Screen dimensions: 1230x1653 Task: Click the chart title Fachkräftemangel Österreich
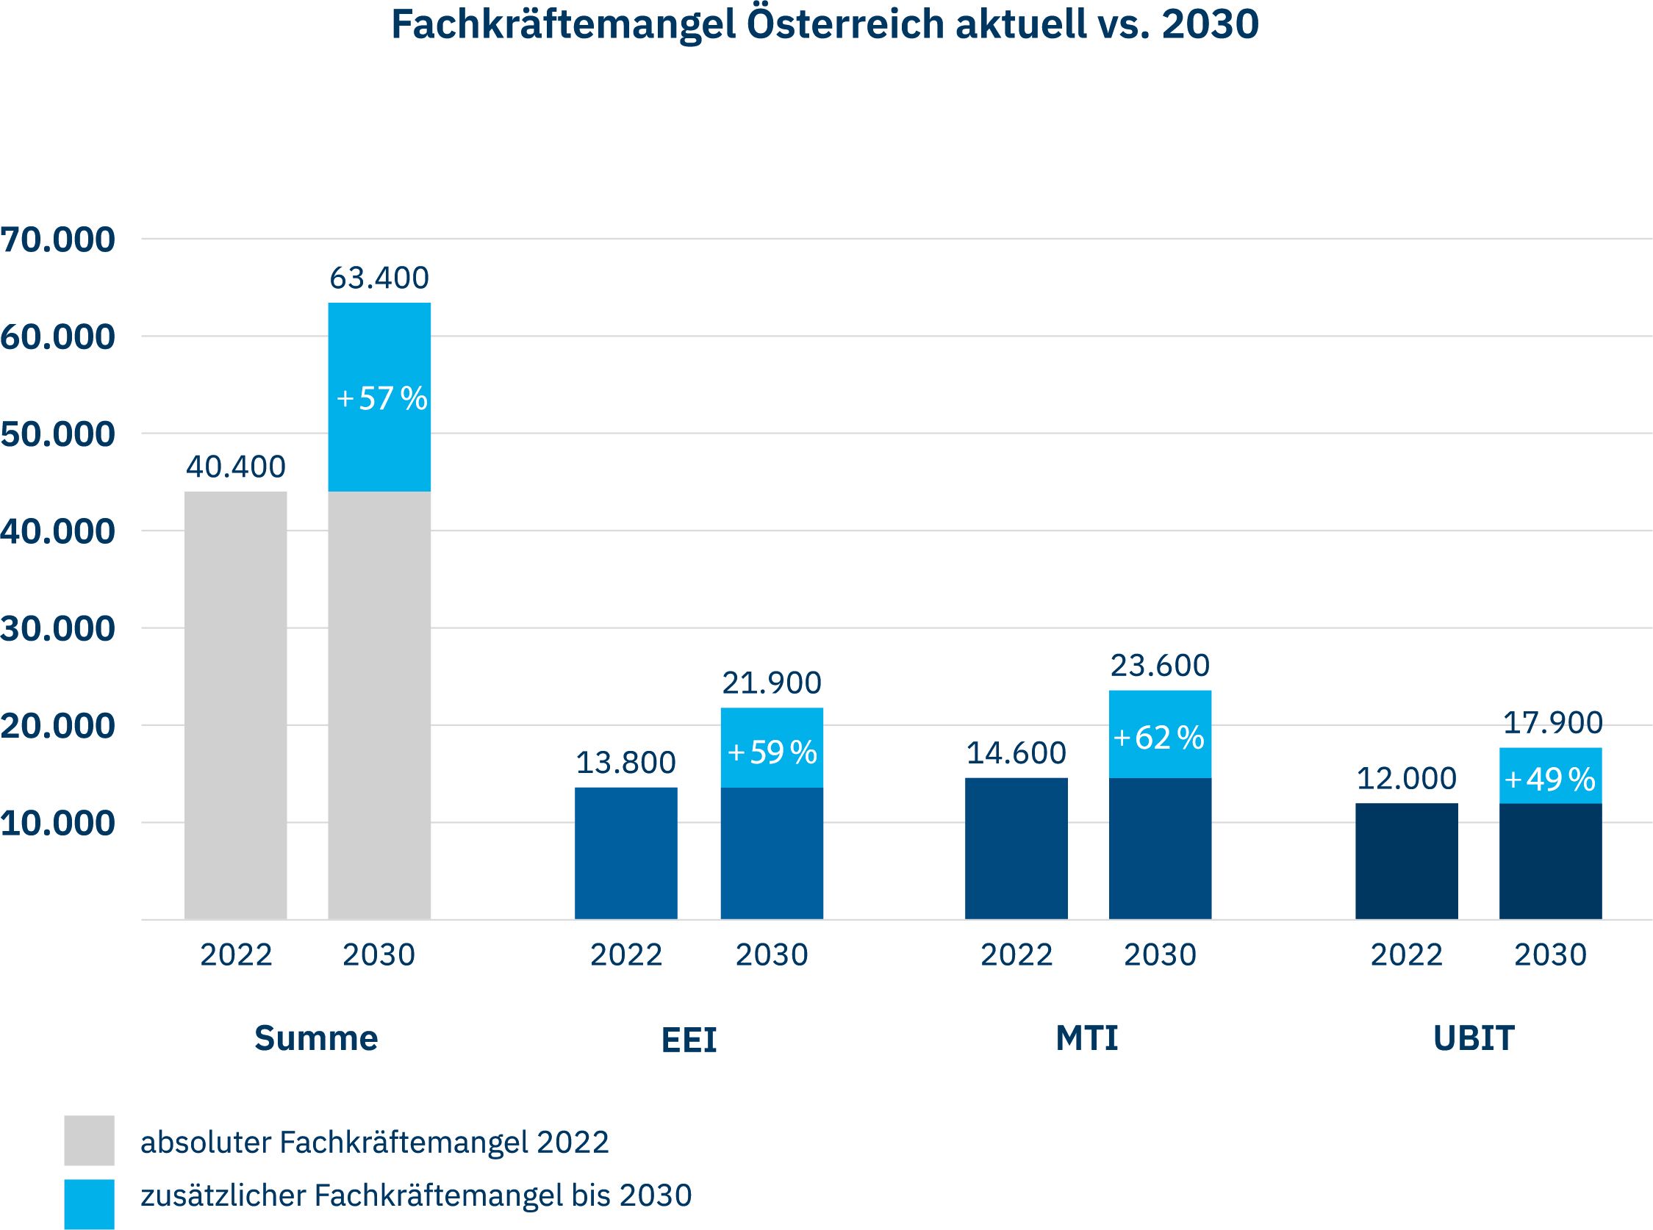coord(824,25)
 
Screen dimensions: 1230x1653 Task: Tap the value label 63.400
coord(379,278)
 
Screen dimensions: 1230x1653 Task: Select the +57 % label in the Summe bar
coord(381,398)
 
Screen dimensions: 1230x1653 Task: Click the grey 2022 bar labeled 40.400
coord(235,704)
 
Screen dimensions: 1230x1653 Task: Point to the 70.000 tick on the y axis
coord(58,240)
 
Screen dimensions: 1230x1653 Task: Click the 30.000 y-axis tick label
coord(58,628)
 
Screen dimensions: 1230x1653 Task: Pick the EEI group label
coord(689,1040)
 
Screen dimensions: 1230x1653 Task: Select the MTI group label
coord(1086,1038)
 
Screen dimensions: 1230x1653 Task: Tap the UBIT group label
coord(1474,1038)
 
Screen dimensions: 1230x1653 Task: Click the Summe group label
coord(316,1038)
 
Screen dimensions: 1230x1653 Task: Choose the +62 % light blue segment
coord(1159,737)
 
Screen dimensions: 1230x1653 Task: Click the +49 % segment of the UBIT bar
coord(1550,779)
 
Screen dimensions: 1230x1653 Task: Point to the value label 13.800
coord(625,763)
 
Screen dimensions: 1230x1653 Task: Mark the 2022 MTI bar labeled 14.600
coord(1016,849)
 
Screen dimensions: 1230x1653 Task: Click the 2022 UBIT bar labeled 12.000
coord(1406,861)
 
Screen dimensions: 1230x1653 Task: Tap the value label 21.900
coord(772,683)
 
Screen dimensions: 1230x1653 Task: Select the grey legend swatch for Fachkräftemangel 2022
coord(90,1140)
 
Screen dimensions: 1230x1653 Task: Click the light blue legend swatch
coord(90,1204)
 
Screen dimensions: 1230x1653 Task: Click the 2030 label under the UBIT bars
coord(1550,955)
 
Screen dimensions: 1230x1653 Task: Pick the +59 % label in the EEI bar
coord(772,752)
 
